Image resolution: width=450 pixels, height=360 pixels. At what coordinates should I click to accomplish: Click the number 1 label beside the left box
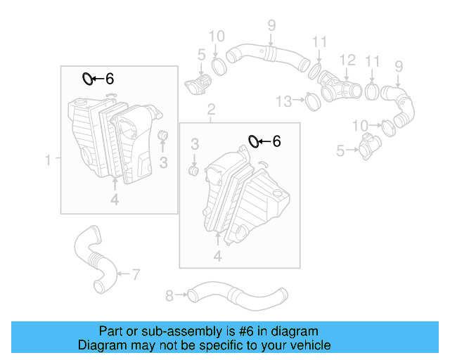click(49, 161)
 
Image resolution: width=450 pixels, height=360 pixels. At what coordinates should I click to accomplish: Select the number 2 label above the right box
click(210, 109)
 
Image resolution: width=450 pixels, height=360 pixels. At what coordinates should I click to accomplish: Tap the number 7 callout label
click(136, 274)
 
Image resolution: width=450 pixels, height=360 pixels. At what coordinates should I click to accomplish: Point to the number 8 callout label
click(169, 296)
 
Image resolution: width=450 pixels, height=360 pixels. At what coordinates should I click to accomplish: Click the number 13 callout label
click(283, 102)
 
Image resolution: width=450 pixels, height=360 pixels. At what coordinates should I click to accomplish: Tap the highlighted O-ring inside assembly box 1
click(87, 78)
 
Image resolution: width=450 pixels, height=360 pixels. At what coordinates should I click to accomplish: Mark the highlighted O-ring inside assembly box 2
click(254, 142)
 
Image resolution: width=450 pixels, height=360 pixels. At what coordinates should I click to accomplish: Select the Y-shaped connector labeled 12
click(338, 87)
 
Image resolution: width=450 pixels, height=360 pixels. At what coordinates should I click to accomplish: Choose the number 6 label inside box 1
click(109, 79)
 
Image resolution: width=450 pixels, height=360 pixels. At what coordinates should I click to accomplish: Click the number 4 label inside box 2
click(217, 257)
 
